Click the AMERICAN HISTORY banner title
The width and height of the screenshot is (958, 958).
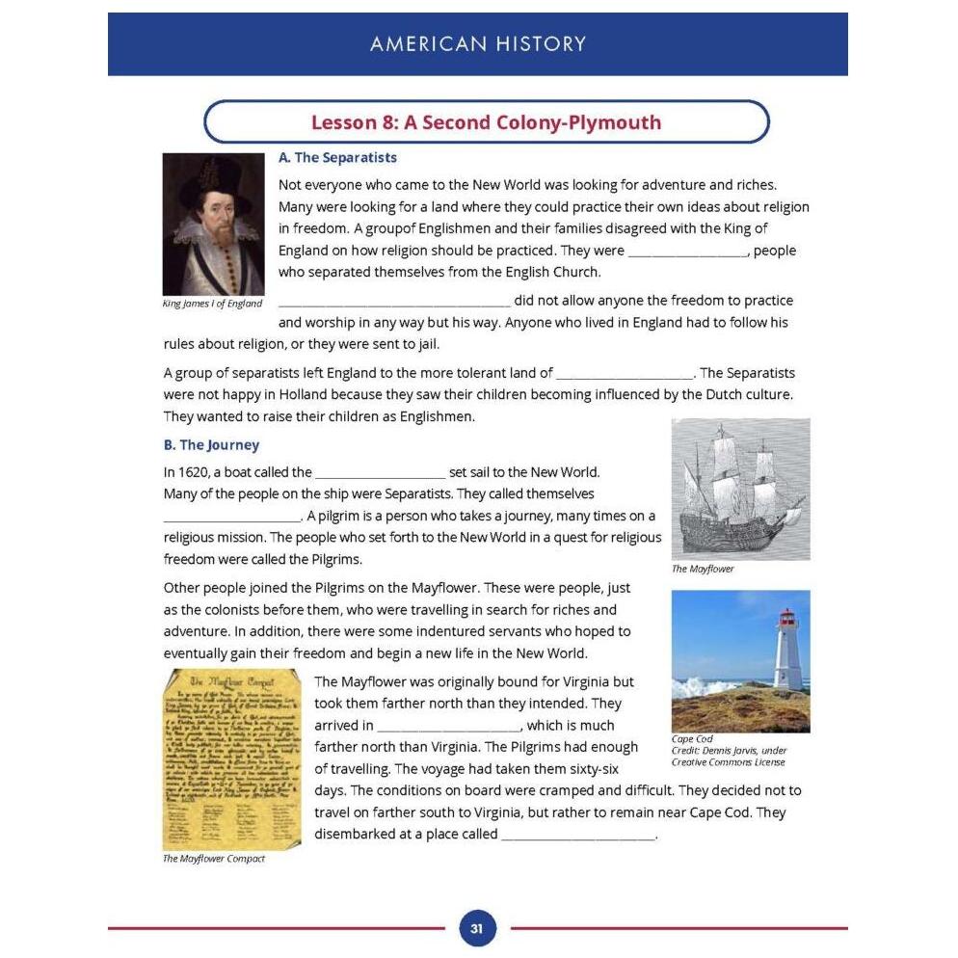[x=478, y=43]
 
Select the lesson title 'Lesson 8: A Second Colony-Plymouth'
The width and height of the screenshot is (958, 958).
[x=486, y=122]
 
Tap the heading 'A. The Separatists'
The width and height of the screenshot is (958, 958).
[x=337, y=157]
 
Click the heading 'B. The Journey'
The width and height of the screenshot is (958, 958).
[x=211, y=444]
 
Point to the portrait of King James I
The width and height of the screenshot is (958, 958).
[x=213, y=225]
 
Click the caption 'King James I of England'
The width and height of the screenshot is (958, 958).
[x=212, y=304]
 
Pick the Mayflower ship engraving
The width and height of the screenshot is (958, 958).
[x=740, y=489]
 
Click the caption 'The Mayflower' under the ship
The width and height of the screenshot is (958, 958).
[x=703, y=569]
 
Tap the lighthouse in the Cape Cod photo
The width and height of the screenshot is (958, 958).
[x=787, y=650]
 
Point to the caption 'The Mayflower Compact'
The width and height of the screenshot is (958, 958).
[x=213, y=859]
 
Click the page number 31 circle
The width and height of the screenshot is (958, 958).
[x=477, y=929]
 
